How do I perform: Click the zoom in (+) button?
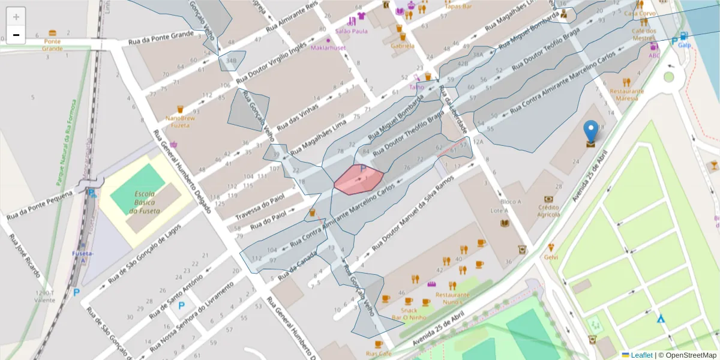pos(16,16)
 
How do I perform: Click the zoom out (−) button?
pos(16,35)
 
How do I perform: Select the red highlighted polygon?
pos(359,179)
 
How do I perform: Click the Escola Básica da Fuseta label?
pos(146,202)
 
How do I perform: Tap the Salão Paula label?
pos(352,31)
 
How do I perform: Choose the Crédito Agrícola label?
pos(548,211)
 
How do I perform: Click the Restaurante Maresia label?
pos(626,95)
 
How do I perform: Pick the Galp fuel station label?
pos(685,45)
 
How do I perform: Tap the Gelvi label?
pos(551,257)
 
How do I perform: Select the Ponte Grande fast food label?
pos(52,45)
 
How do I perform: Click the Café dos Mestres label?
pos(644,34)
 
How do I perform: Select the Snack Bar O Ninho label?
pos(409,314)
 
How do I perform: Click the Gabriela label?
pos(402,46)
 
